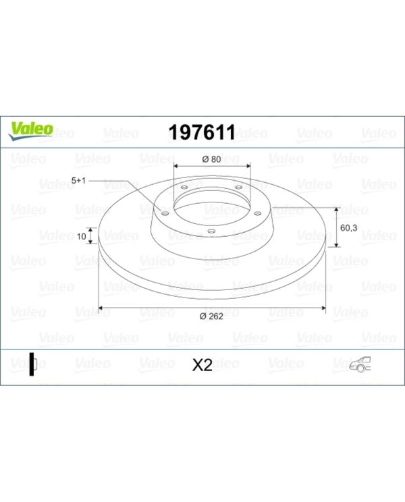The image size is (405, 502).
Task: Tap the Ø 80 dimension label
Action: (x=212, y=159)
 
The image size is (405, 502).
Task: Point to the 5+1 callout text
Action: (x=79, y=181)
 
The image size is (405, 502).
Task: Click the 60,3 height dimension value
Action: (x=348, y=228)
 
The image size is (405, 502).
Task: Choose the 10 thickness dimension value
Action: (x=81, y=236)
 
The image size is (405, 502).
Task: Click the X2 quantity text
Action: (x=202, y=365)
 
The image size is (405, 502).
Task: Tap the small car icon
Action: (x=362, y=364)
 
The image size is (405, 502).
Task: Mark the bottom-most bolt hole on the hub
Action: (x=211, y=231)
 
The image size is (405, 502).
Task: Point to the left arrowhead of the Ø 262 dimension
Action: (x=102, y=308)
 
